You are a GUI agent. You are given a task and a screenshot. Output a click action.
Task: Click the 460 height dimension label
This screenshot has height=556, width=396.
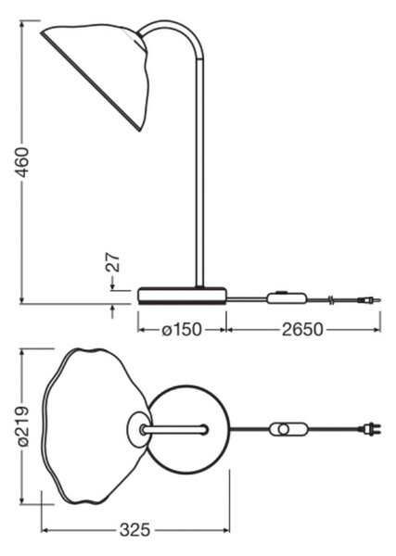pos(22,162)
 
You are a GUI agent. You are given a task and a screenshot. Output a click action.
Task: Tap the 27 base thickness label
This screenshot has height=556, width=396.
pos(113,262)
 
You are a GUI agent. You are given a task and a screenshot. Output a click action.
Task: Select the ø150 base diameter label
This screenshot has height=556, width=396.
pos(182,330)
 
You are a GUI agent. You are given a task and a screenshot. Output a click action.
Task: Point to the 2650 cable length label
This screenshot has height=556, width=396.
pos(302,330)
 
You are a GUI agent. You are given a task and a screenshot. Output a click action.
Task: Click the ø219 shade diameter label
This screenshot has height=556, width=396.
pos(22,426)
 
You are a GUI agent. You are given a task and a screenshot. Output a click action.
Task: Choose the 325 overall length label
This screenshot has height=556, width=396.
pos(134,530)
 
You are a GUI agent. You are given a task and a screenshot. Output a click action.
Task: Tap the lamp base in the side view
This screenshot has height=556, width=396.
pos(182,297)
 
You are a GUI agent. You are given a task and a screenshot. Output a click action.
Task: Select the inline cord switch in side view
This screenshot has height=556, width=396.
pos(287,297)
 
